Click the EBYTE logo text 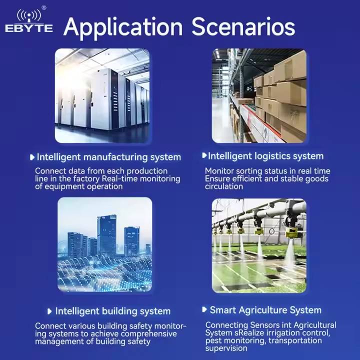(x=29, y=28)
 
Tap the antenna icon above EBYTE (x=29, y=15)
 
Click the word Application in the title (x=123, y=28)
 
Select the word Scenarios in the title (x=243, y=27)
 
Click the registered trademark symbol (x=44, y=8)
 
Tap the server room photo (x=102, y=95)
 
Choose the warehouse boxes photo (x=259, y=95)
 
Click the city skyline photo (x=105, y=244)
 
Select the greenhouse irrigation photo (x=259, y=246)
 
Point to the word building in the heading (x=119, y=311)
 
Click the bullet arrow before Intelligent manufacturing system (x=32, y=157)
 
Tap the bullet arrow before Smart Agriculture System (x=204, y=309)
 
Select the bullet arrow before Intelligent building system (x=49, y=311)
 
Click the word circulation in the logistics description (x=224, y=186)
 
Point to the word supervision (x=226, y=348)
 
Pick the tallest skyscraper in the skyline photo (x=106, y=235)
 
